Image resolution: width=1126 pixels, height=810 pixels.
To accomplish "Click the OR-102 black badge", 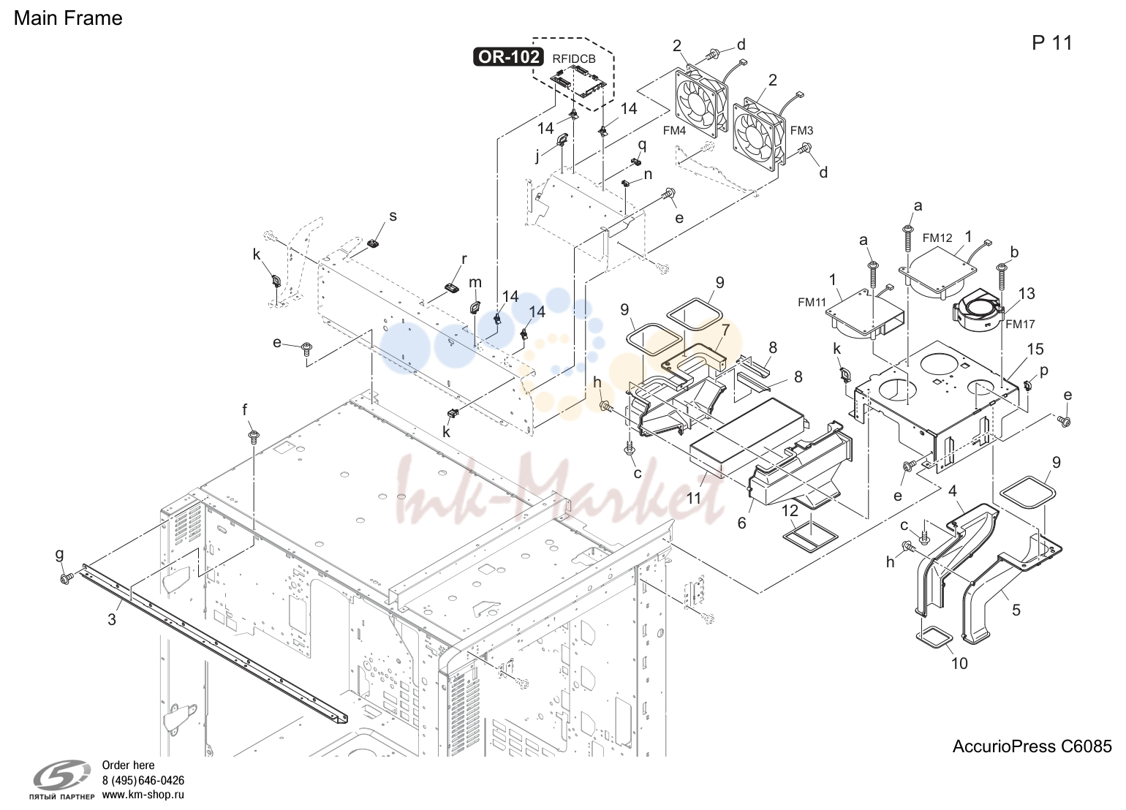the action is tap(508, 57).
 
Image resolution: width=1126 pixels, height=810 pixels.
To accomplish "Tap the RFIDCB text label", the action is tap(573, 58).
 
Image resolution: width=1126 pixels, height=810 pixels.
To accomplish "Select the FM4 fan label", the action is tap(674, 131).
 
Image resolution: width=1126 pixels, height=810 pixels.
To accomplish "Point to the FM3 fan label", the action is tap(801, 131).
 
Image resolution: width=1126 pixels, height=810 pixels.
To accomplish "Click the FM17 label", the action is tap(1020, 324).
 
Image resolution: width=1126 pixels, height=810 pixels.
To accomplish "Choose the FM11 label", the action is tap(812, 302).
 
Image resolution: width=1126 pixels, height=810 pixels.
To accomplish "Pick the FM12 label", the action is tap(937, 238).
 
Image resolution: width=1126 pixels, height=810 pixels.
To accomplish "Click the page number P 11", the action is tap(1052, 43).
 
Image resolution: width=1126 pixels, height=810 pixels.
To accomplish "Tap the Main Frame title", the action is tap(68, 18).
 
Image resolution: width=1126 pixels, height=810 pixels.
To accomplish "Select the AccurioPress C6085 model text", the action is tap(1032, 746).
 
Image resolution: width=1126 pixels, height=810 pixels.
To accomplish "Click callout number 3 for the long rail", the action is tap(112, 619).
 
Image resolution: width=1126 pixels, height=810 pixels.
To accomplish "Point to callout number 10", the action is tap(959, 663).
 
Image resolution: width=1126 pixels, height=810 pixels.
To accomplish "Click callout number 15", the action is tap(1035, 349).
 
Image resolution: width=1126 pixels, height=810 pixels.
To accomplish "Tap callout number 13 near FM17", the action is tap(1027, 293).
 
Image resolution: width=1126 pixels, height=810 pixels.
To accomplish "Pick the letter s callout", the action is tap(393, 216).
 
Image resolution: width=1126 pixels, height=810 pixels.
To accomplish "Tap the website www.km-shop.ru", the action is tap(143, 795).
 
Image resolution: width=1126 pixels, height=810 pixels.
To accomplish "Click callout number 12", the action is tap(790, 511).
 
